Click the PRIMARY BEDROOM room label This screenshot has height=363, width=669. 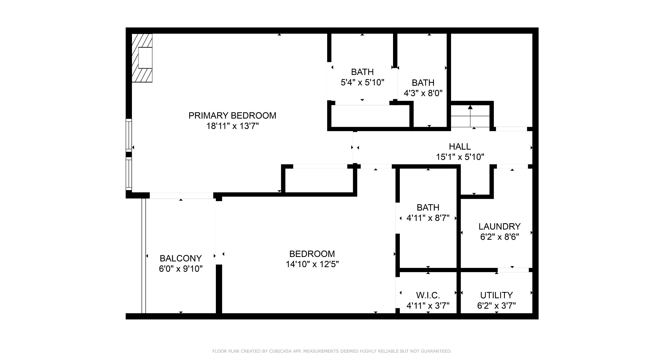232,115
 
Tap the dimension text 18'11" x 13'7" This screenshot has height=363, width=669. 233,126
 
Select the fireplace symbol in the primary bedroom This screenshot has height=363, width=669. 142,58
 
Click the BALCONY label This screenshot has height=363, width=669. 181,258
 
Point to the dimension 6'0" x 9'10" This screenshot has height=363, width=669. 181,269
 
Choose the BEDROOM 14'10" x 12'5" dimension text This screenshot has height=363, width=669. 312,264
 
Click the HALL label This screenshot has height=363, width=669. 460,147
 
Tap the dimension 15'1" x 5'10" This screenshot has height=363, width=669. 460,157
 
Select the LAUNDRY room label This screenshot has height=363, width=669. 500,226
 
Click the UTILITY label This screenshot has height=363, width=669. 497,295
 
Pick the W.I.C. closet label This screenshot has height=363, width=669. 428,295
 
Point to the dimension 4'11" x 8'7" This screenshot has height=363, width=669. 428,218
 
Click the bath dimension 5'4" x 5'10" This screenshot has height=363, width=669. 362,83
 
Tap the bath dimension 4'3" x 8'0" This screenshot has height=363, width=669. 423,93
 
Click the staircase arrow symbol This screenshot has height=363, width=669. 470,116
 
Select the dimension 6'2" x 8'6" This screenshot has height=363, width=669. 500,237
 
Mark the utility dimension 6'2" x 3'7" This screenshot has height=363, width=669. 497,306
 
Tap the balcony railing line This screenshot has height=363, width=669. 143,256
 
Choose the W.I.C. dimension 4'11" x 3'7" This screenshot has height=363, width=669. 428,306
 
